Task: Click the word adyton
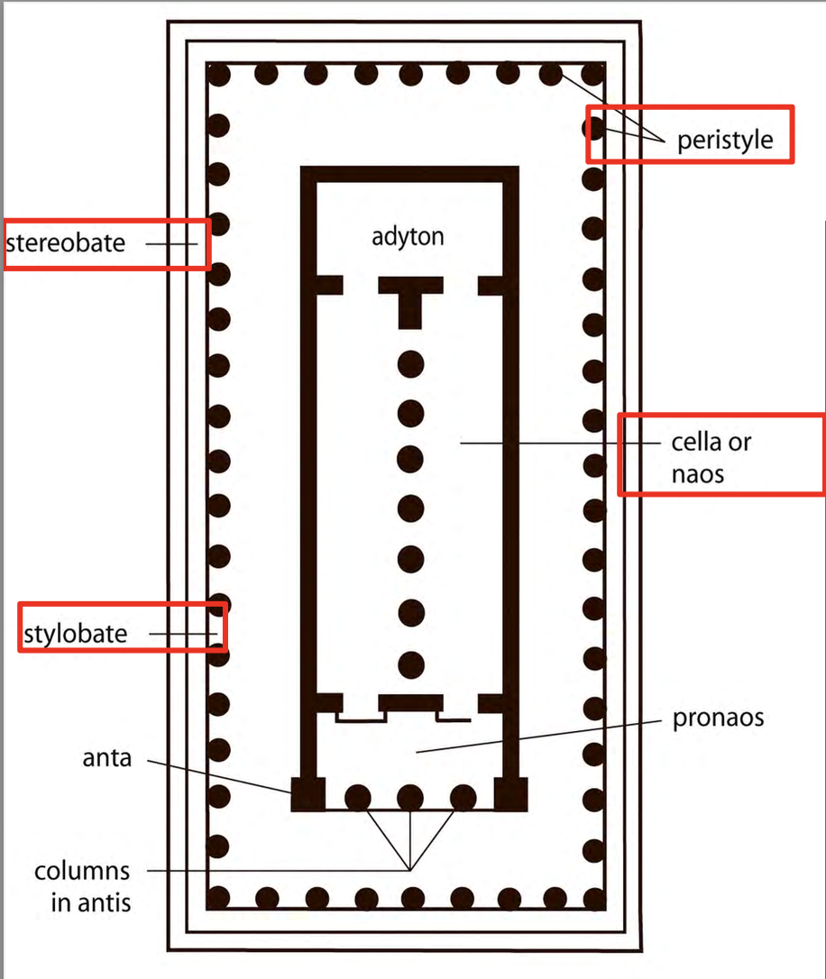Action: coord(408,238)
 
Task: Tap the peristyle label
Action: coord(725,142)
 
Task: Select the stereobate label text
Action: coord(66,242)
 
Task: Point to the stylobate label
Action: coord(75,633)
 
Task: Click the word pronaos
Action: coord(718,718)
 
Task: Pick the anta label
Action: coord(107,758)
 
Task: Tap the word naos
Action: coord(697,473)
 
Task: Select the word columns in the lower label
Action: coord(82,872)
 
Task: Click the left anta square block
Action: coord(307,794)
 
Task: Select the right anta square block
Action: coord(510,794)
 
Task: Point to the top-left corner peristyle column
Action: coord(219,75)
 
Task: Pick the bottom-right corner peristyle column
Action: coord(593,897)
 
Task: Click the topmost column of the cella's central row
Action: coord(411,365)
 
